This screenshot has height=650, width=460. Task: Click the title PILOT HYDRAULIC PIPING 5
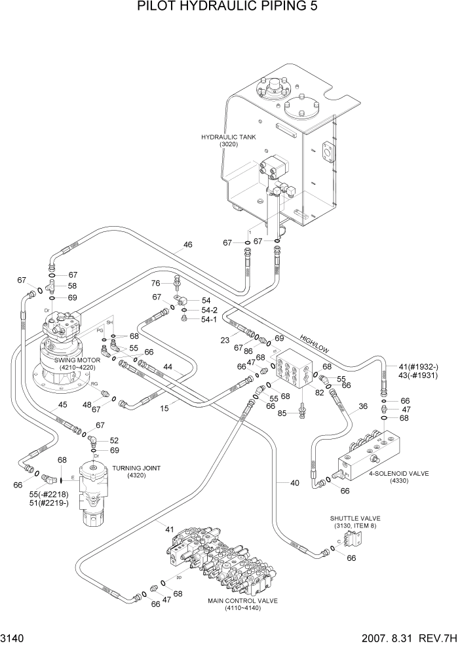[229, 9]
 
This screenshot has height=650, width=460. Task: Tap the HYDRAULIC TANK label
[229, 137]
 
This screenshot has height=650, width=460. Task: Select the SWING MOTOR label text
[77, 360]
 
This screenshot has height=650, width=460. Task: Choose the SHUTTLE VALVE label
[355, 518]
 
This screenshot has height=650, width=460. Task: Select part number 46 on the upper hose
[188, 244]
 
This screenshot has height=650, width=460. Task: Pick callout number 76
[156, 283]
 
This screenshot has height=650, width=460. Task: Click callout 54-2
[209, 309]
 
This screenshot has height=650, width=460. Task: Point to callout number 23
[225, 339]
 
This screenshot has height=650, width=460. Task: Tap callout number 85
[282, 413]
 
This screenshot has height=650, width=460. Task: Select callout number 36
[363, 406]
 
